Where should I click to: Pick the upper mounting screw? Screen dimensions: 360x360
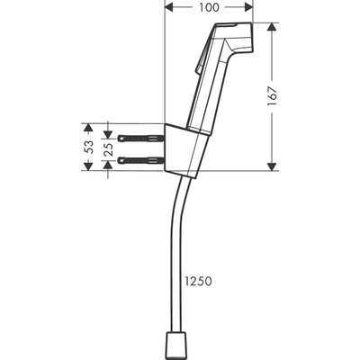click(143, 138)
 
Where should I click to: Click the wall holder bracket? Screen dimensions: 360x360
click(184, 148)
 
